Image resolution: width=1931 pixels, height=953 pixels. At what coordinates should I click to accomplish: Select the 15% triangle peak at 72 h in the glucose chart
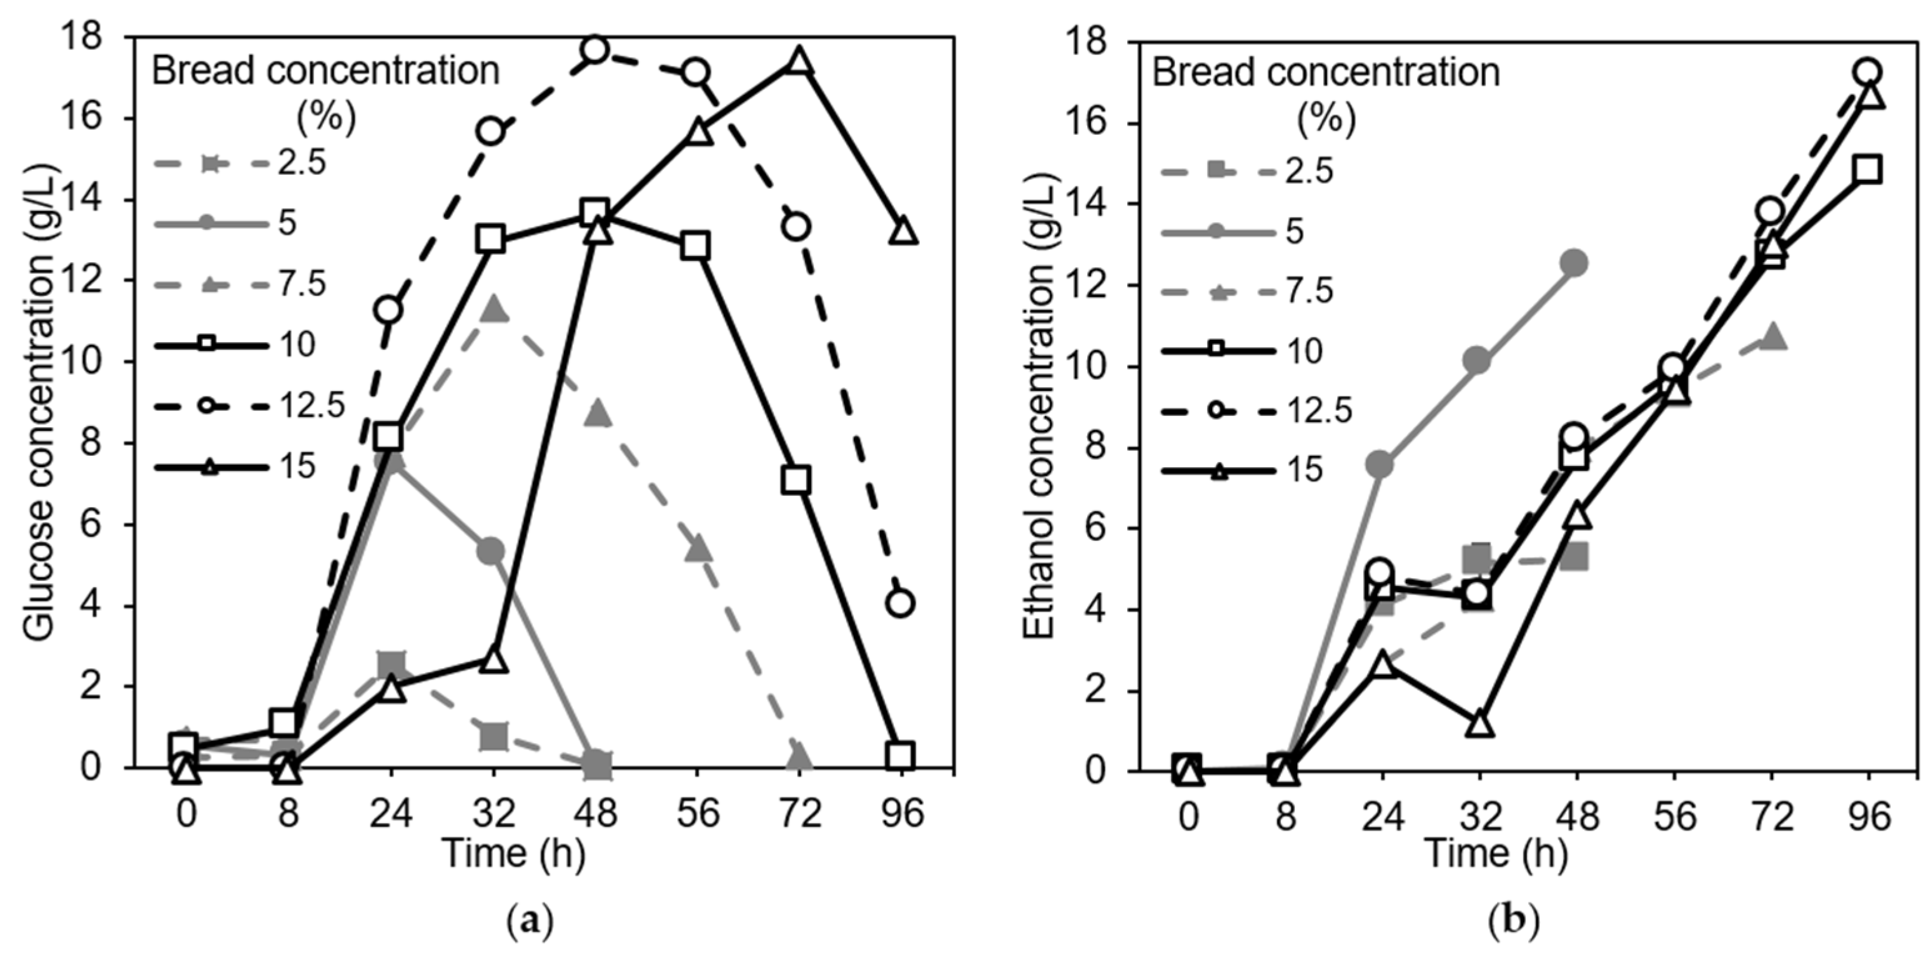(x=798, y=61)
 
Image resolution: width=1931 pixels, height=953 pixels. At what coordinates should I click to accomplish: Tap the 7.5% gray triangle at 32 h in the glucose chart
(x=493, y=310)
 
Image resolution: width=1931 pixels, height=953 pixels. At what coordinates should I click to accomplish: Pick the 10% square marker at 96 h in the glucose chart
(x=901, y=755)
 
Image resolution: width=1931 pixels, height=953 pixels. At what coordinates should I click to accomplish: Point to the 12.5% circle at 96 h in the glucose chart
(x=901, y=603)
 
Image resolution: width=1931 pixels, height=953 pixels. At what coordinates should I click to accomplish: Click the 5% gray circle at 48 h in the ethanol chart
(x=1573, y=262)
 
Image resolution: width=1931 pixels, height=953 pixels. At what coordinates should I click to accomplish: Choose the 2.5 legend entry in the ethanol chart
(x=1248, y=172)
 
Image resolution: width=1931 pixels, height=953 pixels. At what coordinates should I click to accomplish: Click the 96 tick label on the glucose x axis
(x=901, y=812)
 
